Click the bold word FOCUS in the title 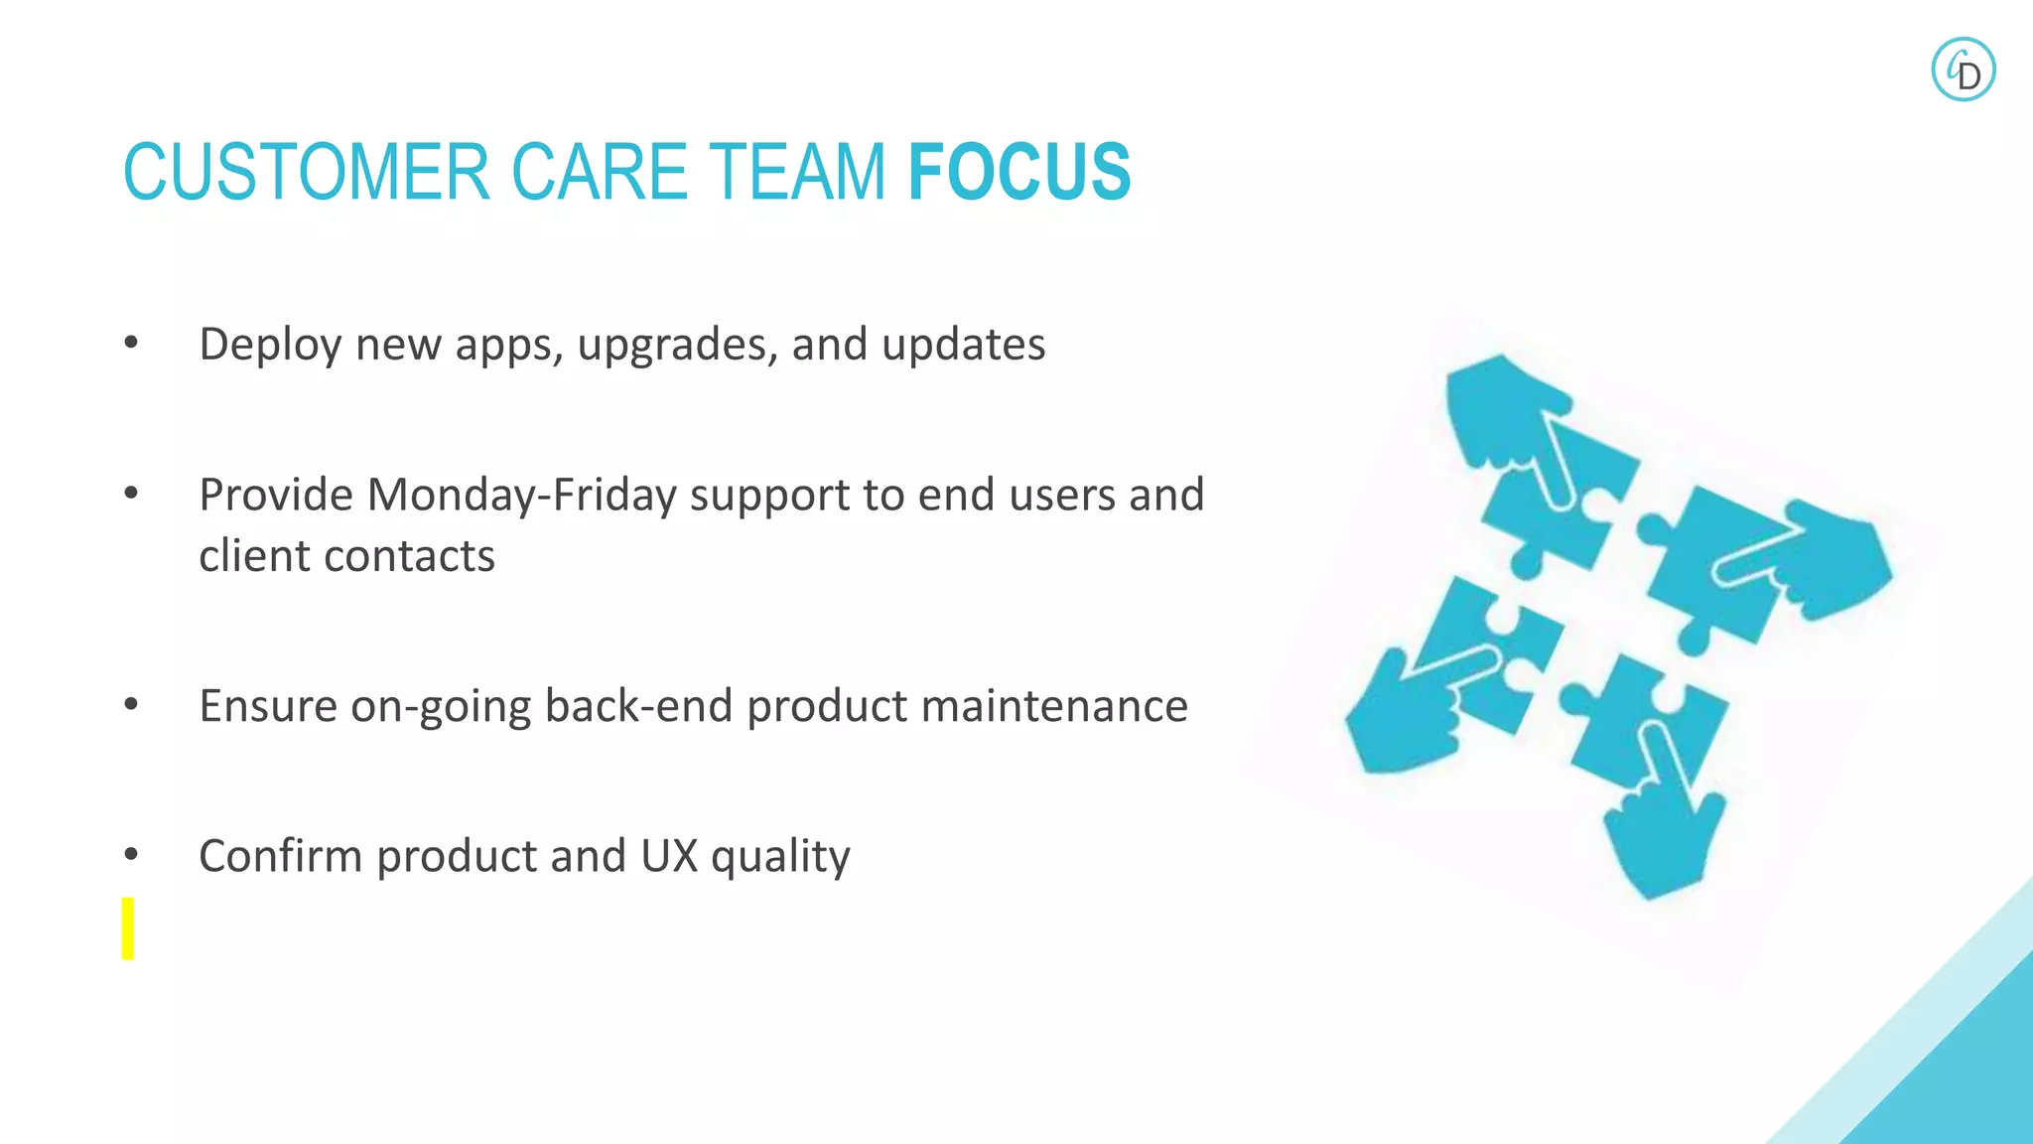[x=1019, y=172]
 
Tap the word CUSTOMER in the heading [x=307, y=172]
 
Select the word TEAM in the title [x=795, y=172]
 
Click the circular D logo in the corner [x=1963, y=70]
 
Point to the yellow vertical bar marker [x=128, y=929]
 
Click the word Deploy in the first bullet [x=270, y=346]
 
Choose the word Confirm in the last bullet [x=280, y=856]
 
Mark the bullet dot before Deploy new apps [x=131, y=344]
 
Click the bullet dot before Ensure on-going [x=131, y=705]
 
